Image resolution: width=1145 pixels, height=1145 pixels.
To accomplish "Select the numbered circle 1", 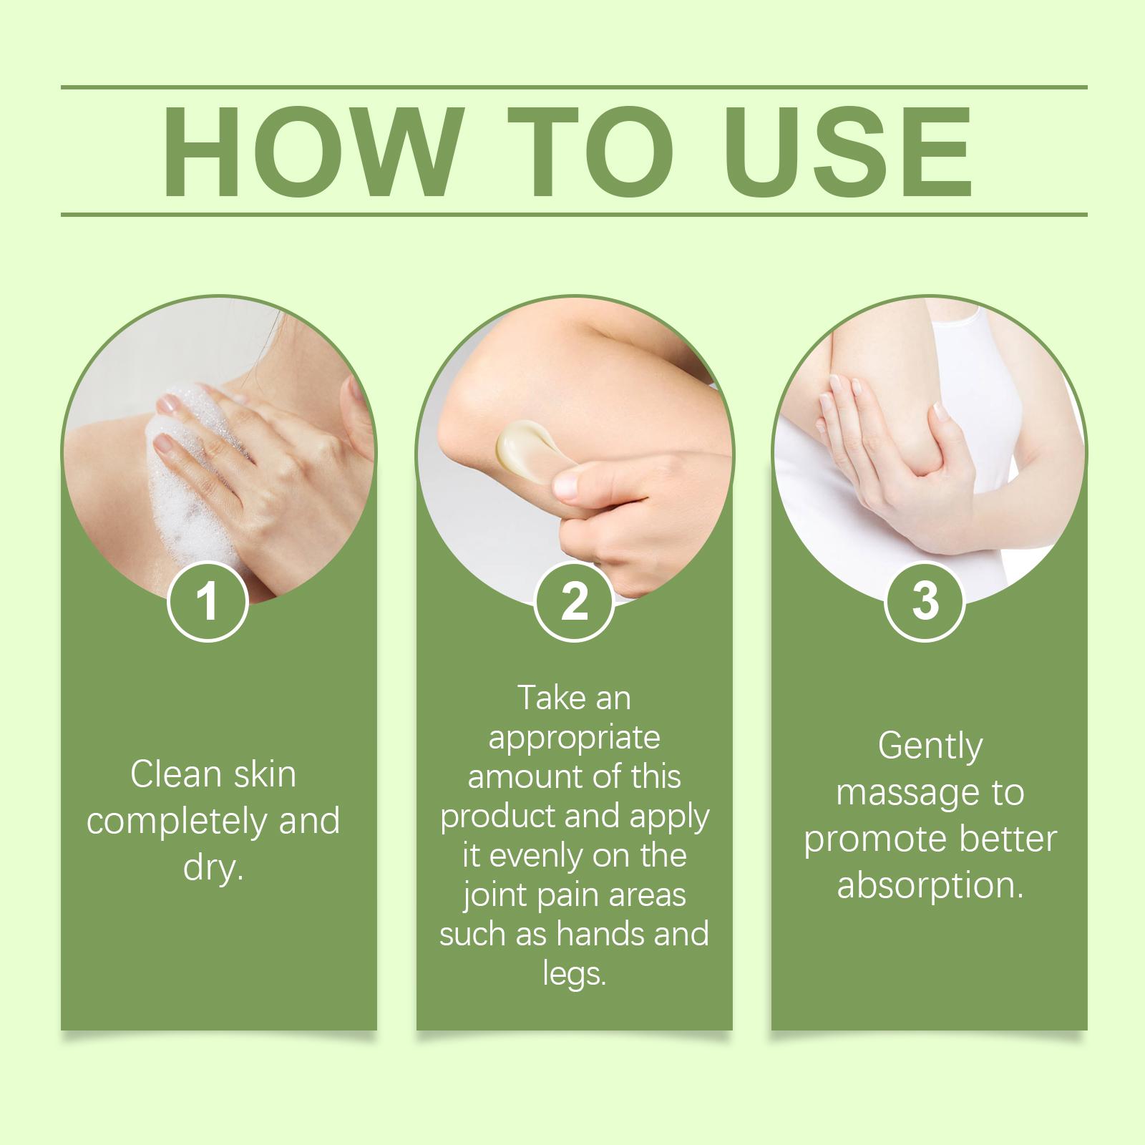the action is tap(208, 601).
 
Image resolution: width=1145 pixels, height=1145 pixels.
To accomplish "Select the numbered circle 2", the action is tap(574, 601).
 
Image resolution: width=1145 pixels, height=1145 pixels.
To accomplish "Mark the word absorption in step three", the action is tap(928, 886).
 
